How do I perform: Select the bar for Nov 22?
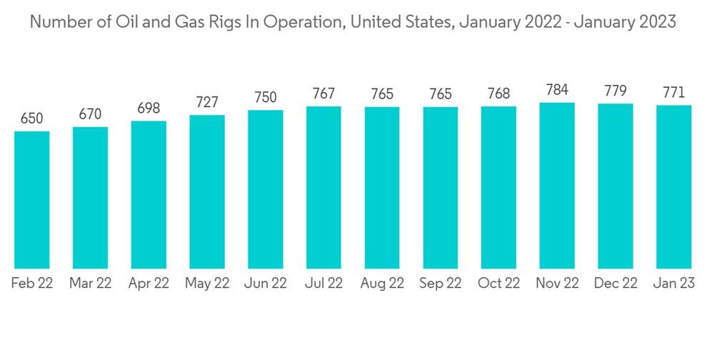point(557,186)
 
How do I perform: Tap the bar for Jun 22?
point(266,189)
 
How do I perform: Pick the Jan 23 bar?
point(673,187)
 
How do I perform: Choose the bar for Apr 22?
point(149,195)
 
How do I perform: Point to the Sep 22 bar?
point(441,188)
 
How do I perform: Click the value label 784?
point(557,90)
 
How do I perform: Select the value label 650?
point(32,119)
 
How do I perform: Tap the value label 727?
point(207,102)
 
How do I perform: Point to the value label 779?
point(615,91)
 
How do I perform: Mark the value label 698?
point(149,109)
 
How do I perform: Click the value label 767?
point(323,94)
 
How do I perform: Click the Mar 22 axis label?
point(91,284)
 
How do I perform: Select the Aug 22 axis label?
point(382,284)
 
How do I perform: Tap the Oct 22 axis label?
point(498,284)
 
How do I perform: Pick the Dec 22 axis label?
point(615,284)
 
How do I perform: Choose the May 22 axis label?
point(207,284)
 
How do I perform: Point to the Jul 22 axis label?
point(323,284)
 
